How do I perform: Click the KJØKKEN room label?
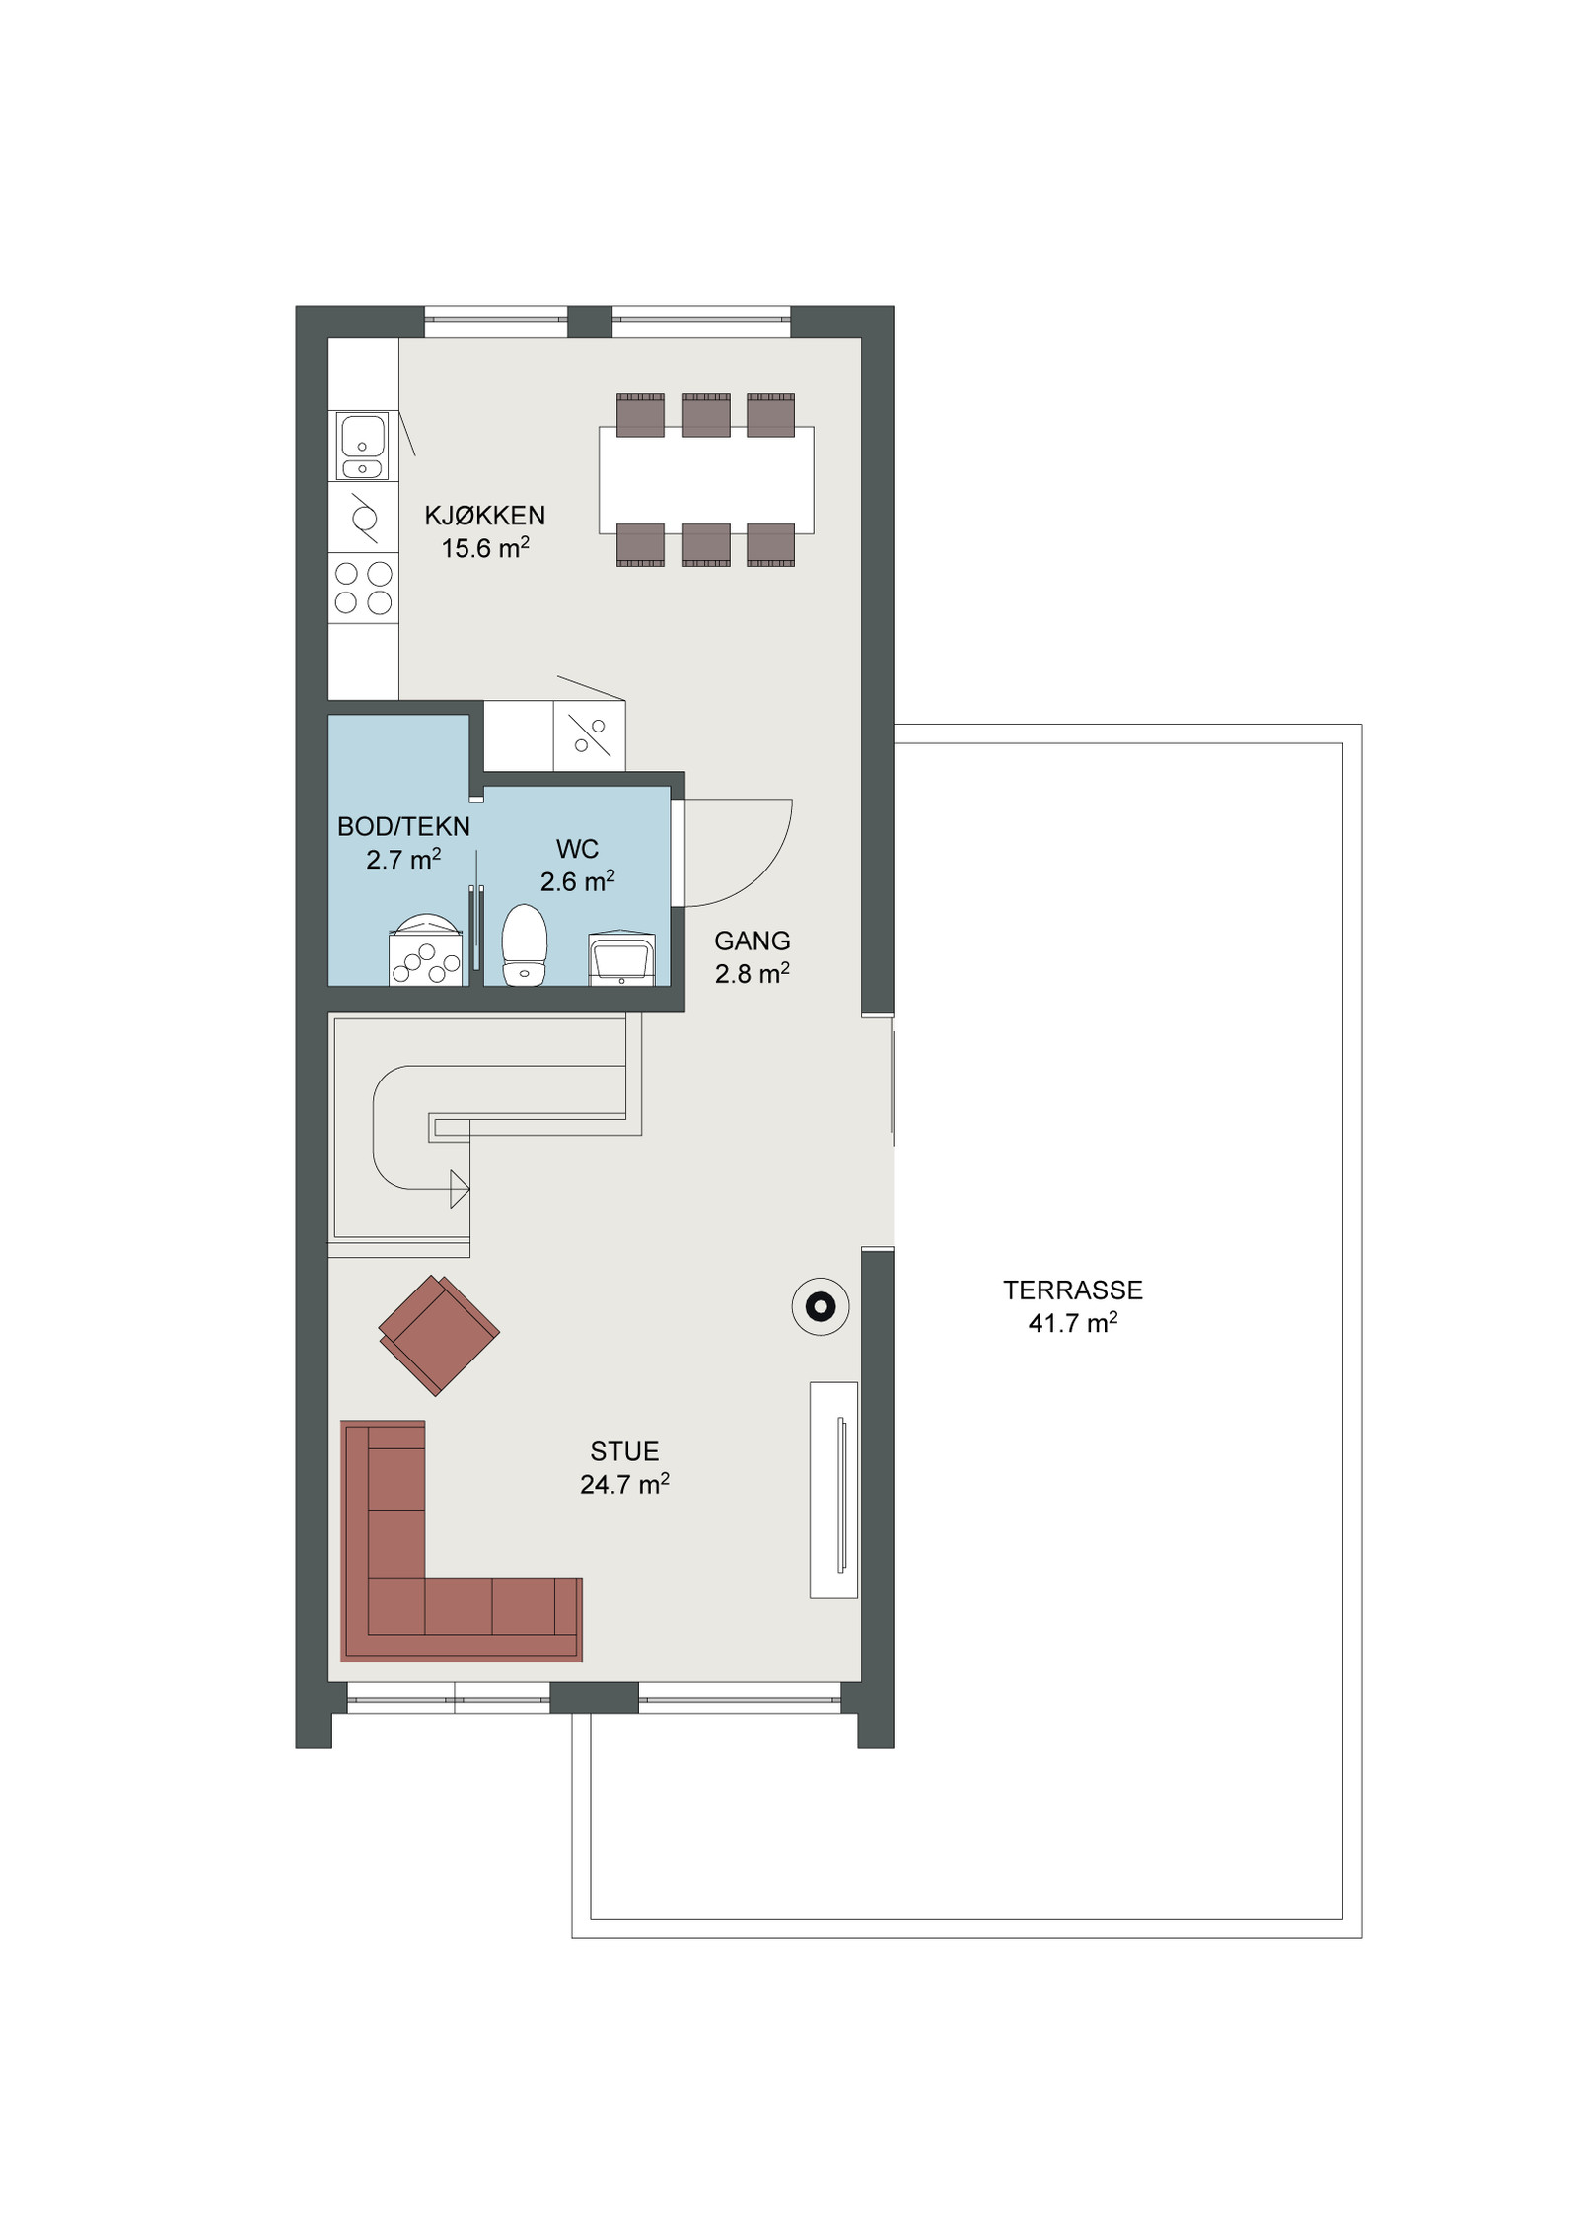[x=484, y=515]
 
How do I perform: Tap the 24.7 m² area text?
[x=624, y=1484]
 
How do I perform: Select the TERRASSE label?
[x=1073, y=1290]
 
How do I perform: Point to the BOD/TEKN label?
[x=403, y=826]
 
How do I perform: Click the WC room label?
[x=577, y=848]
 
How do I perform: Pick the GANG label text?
[x=753, y=941]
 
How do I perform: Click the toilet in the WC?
[x=525, y=945]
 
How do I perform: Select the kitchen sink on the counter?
[x=363, y=446]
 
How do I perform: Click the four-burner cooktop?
[x=363, y=588]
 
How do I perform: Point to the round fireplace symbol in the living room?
[x=821, y=1307]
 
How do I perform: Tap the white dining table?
[x=706, y=480]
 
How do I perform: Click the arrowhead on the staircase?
[x=460, y=1189]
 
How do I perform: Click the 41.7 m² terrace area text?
[x=1073, y=1323]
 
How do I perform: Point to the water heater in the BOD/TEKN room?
[x=426, y=949]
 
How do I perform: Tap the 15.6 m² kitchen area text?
[x=485, y=548]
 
